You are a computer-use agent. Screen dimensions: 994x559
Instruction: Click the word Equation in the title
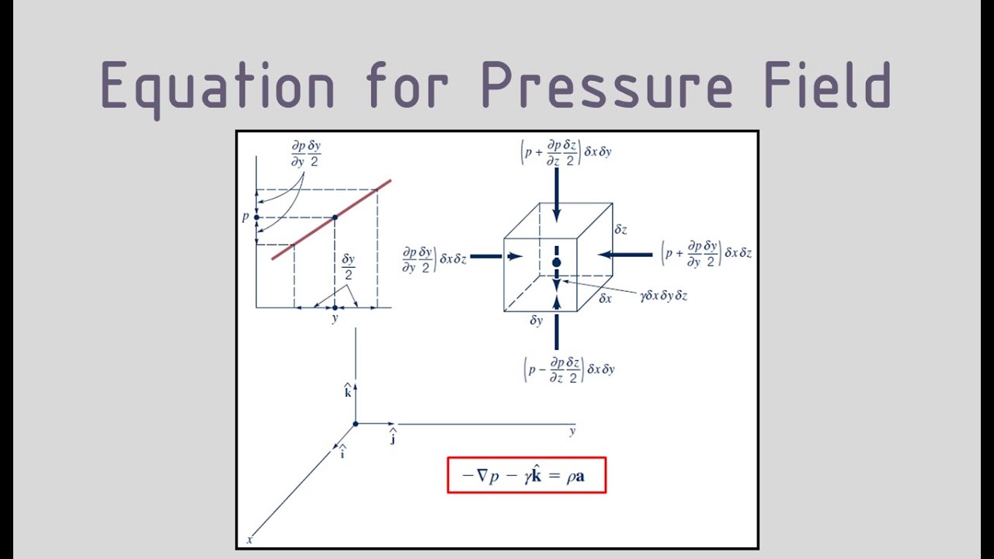(x=218, y=88)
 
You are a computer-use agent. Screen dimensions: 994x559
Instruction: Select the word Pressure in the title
(x=607, y=85)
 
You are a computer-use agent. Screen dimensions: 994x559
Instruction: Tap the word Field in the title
(x=828, y=85)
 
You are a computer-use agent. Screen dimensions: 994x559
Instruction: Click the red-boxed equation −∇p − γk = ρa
(x=527, y=475)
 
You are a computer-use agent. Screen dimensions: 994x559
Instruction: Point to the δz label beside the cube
(x=620, y=229)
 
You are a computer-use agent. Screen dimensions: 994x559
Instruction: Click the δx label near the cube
(x=605, y=298)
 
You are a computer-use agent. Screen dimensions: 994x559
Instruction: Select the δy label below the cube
(x=537, y=321)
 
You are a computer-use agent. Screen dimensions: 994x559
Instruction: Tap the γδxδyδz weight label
(x=664, y=296)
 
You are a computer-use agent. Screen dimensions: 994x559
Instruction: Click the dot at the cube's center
(x=557, y=262)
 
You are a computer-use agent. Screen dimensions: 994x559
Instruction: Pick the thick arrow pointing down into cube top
(x=557, y=195)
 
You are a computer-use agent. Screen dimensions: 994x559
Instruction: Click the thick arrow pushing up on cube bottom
(x=557, y=323)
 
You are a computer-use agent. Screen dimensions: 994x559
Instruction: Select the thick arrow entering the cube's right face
(x=625, y=255)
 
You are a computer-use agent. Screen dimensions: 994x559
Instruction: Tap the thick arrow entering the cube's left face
(x=496, y=256)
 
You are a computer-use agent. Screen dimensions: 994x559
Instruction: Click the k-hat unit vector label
(x=348, y=390)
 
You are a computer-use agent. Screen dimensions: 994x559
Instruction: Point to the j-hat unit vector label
(x=393, y=436)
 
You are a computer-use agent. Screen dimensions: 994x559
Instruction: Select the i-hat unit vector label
(x=342, y=452)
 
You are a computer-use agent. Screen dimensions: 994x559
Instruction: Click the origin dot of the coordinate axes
(x=356, y=424)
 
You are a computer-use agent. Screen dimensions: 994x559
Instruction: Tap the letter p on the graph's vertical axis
(x=245, y=217)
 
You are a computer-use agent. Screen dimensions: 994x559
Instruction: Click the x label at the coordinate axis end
(x=249, y=540)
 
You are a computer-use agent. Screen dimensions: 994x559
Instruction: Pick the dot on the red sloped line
(x=335, y=217)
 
